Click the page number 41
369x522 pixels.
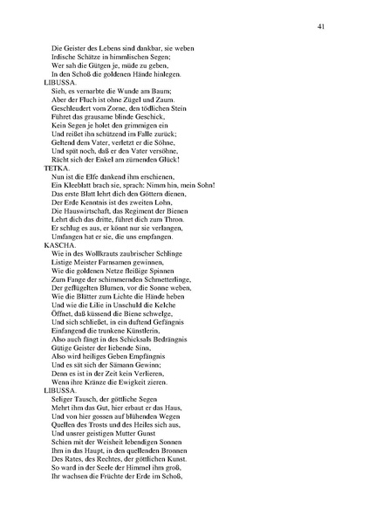322,28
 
